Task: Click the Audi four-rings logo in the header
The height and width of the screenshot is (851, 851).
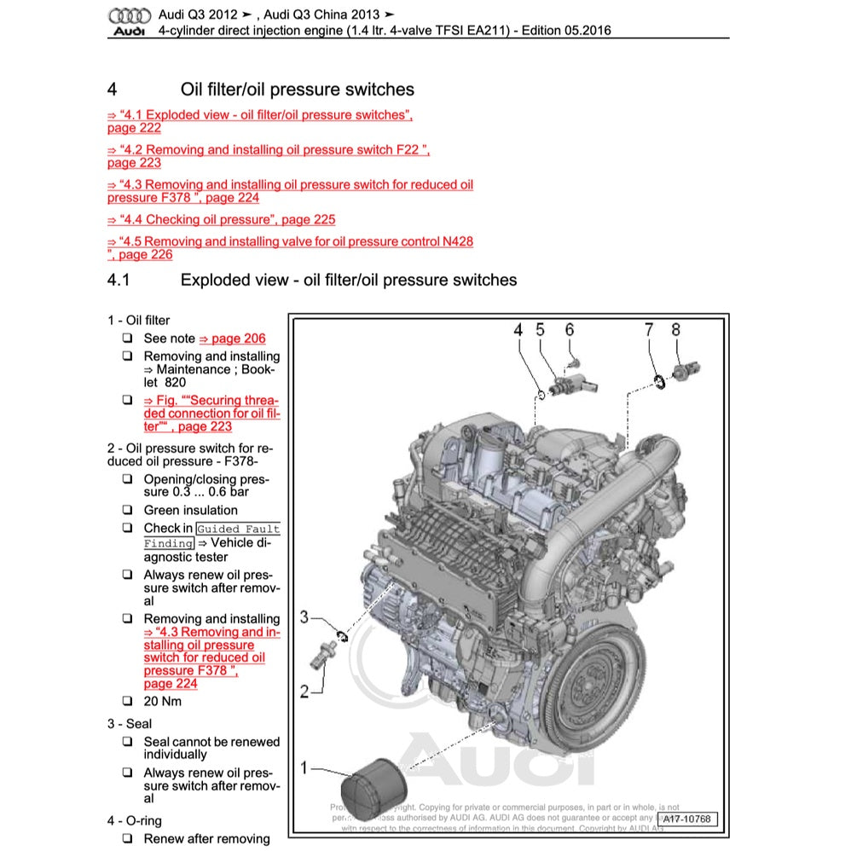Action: pos(130,16)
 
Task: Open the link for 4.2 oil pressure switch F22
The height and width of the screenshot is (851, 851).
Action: pos(268,150)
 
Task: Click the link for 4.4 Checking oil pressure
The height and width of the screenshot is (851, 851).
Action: pos(221,219)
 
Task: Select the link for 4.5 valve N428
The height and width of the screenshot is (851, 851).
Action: pos(290,242)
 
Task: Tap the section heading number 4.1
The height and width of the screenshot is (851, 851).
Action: pos(118,280)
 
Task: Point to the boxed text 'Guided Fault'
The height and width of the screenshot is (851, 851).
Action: pos(238,529)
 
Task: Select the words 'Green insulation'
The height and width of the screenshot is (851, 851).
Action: pos(190,511)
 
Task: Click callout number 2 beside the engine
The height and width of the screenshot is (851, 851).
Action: pos(304,691)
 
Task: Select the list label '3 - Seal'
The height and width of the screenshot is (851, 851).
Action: pos(130,724)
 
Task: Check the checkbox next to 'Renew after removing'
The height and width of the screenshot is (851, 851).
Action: pos(126,839)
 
